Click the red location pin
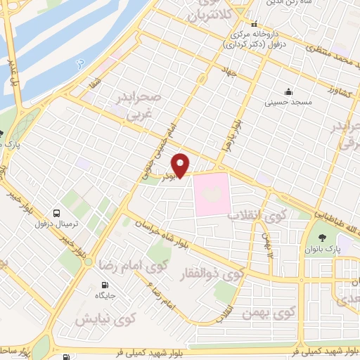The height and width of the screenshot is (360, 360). (x=181, y=165)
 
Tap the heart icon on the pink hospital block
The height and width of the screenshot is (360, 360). (x=212, y=193)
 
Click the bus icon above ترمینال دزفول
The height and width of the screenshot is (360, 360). (x=56, y=212)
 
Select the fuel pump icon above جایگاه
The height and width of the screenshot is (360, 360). (x=105, y=286)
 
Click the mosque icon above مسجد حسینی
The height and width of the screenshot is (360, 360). (x=288, y=91)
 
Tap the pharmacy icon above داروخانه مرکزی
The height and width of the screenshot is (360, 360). (x=255, y=23)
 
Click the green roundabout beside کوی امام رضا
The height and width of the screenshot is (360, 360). (x=88, y=262)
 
